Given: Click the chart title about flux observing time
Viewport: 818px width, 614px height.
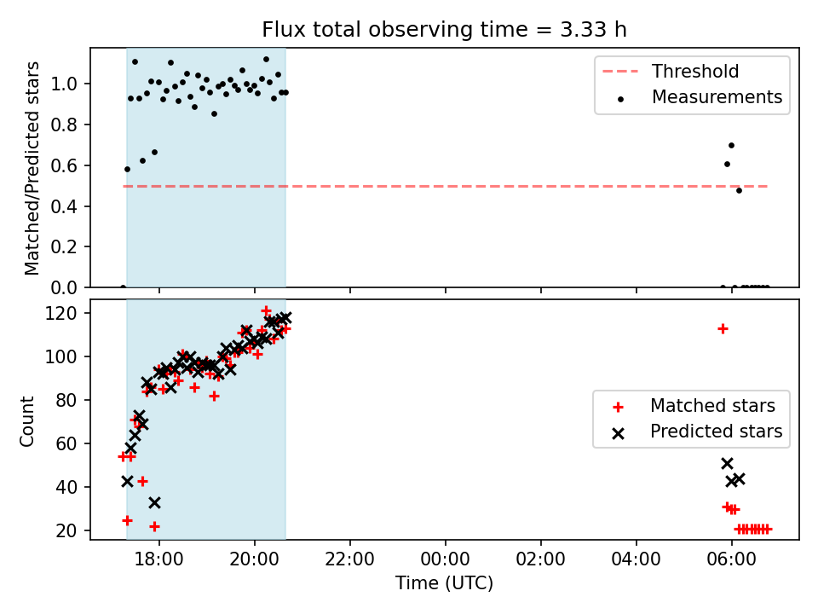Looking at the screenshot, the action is pos(444,30).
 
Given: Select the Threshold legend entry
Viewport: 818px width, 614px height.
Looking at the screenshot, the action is pos(671,71).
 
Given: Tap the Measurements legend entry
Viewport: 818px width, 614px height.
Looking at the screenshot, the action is pos(699,97).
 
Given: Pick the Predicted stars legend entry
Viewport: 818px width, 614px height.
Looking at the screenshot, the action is pos(698,432).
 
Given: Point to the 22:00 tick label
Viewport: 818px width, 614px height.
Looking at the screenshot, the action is pos(349,559).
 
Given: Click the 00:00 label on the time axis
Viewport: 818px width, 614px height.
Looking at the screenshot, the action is pos(445,559).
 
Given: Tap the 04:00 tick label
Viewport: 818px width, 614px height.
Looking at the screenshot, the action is pos(636,559).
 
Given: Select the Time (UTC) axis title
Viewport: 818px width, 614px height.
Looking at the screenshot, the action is pos(444,582).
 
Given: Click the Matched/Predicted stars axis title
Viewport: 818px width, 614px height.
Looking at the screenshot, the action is pos(32,168).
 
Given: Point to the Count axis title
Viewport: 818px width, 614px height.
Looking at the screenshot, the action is pos(26,421).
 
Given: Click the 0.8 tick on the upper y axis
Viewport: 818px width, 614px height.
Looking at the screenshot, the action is pos(64,125).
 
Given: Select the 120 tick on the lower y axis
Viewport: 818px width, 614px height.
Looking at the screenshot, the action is pos(61,313).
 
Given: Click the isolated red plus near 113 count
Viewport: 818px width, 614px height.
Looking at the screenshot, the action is pos(723,329).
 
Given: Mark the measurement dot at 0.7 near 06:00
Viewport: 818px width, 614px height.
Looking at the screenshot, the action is pos(731,146).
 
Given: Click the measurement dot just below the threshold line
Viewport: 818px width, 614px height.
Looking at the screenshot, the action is pos(739,190).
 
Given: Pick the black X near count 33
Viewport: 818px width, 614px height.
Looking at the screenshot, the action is pos(154,503).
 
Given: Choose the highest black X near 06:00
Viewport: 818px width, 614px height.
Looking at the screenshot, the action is pos(727,464).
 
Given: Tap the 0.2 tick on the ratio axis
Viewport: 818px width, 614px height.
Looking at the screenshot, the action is pos(64,246).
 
